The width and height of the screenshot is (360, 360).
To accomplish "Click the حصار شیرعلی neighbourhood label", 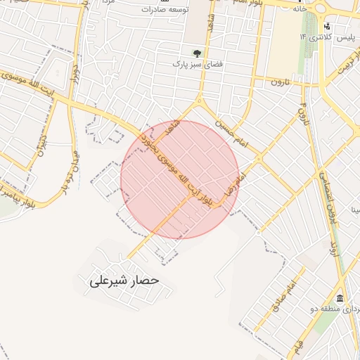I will (x=124, y=281).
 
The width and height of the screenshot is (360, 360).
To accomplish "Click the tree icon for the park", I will (x=197, y=53).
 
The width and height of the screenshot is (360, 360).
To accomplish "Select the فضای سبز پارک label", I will (x=198, y=64).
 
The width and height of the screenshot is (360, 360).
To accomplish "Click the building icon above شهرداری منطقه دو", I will (x=340, y=298).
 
